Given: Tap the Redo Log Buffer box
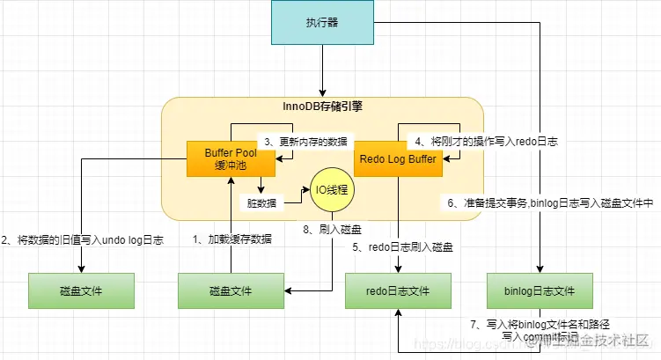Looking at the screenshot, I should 397,159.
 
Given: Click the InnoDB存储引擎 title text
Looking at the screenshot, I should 322,107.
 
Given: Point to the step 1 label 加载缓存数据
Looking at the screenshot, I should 232,239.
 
